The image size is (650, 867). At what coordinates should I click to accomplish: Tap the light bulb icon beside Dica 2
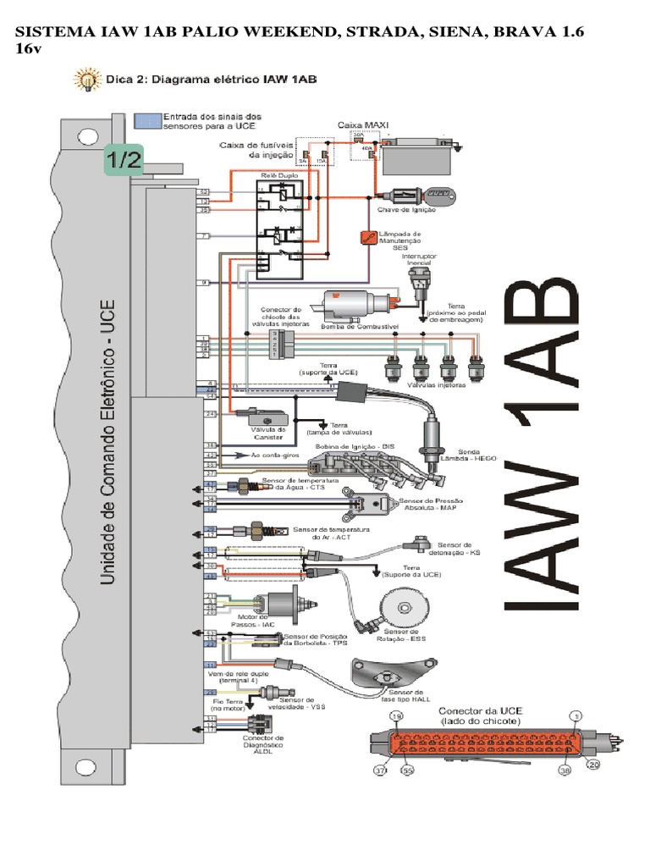pos(85,80)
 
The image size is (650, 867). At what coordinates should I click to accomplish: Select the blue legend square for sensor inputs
pos(147,120)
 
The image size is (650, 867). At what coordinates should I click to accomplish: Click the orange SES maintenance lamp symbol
pos(367,238)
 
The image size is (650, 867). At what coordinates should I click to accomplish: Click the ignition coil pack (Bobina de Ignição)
pos(347,465)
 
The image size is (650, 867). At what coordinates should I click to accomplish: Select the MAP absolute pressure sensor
pos(369,505)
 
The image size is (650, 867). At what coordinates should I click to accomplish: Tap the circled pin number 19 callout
pos(394,716)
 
